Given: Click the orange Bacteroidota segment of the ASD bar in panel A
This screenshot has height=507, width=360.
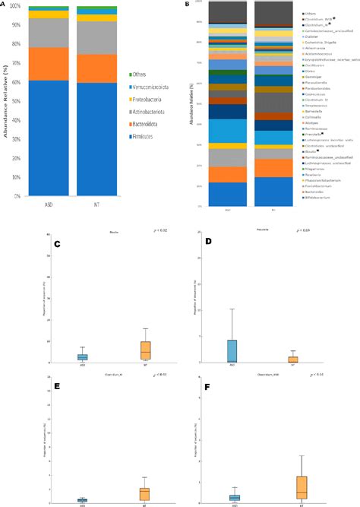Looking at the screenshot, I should point(48,64).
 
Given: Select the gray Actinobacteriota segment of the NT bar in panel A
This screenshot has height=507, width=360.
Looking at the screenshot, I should point(96,38).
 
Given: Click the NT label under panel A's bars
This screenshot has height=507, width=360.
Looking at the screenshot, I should point(96,204).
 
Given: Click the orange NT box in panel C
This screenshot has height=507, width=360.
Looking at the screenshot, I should point(146,350).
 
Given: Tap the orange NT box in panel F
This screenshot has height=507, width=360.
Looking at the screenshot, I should point(301,487).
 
